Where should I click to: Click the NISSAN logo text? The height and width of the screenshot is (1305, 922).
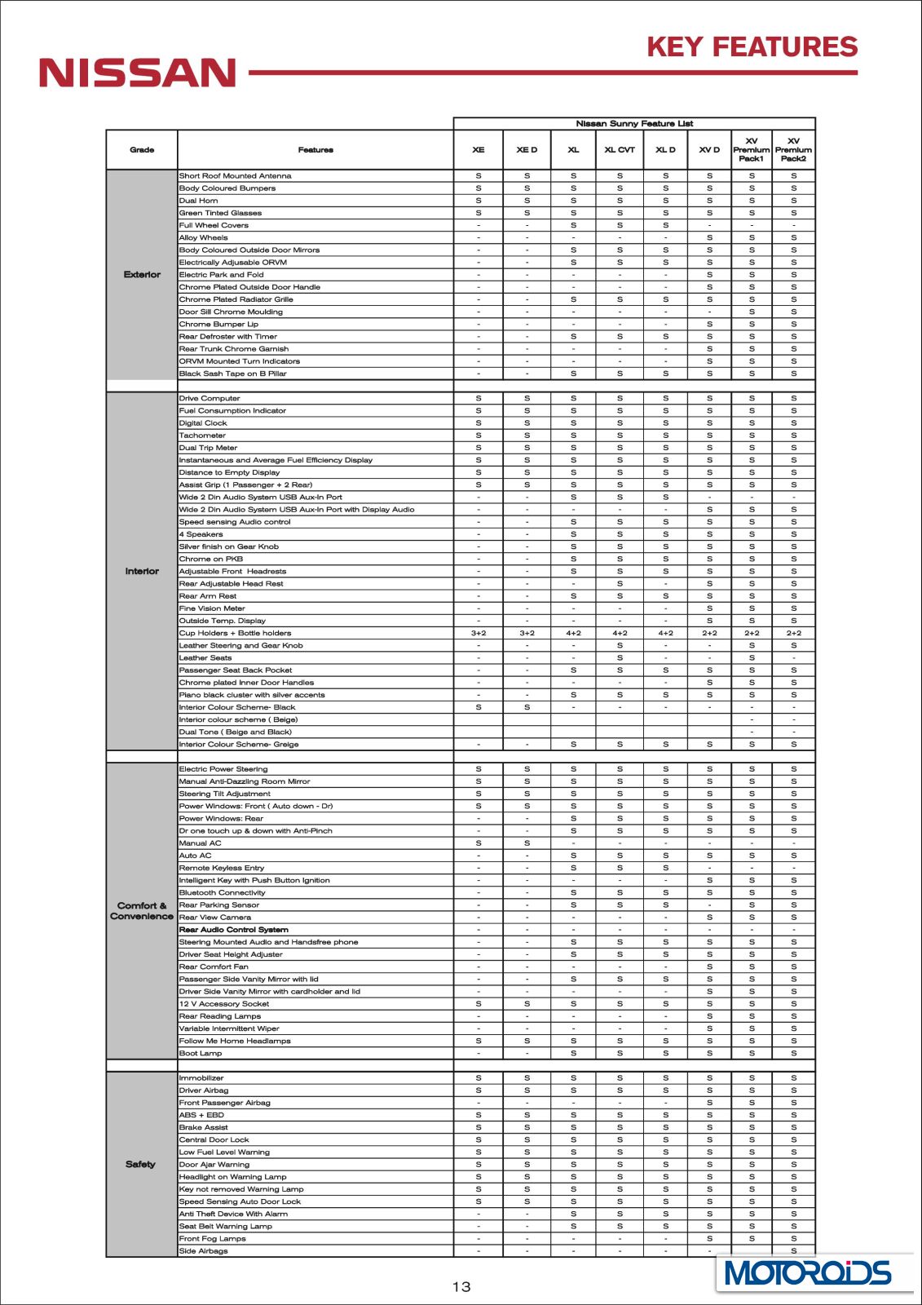tap(138, 73)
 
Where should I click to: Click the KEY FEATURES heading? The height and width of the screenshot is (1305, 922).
tap(752, 47)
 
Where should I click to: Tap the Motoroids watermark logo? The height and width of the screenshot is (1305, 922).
tap(807, 1273)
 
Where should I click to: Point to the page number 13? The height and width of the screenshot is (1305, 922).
tap(461, 1286)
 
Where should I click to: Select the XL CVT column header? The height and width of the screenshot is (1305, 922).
tap(620, 150)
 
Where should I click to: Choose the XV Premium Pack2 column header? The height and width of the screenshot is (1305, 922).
tap(793, 150)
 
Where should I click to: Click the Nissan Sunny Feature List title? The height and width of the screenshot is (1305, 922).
tap(634, 124)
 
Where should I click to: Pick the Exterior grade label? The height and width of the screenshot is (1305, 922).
tap(142, 275)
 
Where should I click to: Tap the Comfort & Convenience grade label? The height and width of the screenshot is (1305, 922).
tap(142, 911)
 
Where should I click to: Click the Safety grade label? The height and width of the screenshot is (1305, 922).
tap(140, 1164)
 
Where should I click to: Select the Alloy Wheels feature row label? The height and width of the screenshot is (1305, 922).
tap(204, 238)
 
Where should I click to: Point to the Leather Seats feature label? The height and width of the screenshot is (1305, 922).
tap(205, 657)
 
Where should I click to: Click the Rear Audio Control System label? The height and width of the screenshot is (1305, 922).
tap(234, 930)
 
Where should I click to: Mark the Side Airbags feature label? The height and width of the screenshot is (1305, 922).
tap(204, 1250)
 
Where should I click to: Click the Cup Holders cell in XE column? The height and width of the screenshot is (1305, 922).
tap(479, 633)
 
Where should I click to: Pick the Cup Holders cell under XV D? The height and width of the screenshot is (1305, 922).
tap(709, 633)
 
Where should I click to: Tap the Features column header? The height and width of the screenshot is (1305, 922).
tap(315, 150)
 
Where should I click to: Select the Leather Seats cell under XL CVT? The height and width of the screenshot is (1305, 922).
tap(620, 657)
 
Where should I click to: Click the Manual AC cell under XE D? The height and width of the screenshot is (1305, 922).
tap(527, 843)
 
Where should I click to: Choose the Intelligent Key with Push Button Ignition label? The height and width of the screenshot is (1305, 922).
tap(254, 880)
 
